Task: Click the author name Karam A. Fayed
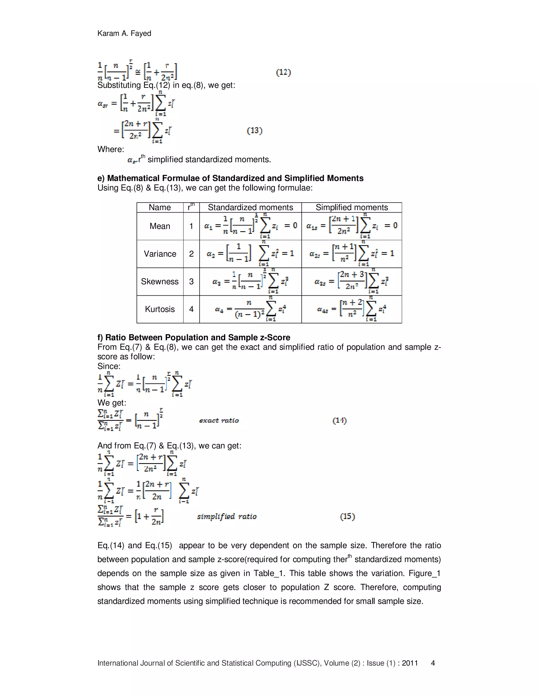click(124, 33)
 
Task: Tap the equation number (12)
click(283, 72)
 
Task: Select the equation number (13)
click(254, 130)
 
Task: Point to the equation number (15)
click(347, 516)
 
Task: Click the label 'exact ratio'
click(219, 421)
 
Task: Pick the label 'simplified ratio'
click(227, 516)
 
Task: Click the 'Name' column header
click(160, 208)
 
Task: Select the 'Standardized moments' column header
click(250, 208)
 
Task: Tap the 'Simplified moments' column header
click(352, 208)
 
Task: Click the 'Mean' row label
click(160, 226)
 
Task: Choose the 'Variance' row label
click(160, 254)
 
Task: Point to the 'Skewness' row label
click(160, 281)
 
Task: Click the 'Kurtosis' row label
click(160, 309)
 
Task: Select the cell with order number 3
click(191, 281)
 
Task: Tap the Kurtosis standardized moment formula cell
click(250, 309)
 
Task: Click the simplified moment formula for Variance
click(352, 254)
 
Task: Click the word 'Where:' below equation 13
click(111, 149)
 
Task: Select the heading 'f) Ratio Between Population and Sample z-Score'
click(193, 337)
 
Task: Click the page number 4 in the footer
click(433, 663)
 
